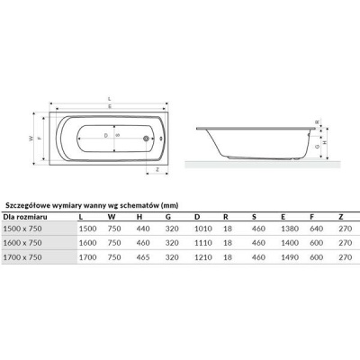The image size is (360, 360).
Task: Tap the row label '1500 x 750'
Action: click(x=23, y=229)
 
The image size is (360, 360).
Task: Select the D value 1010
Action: click(x=202, y=229)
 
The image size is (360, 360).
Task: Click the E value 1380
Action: click(x=289, y=229)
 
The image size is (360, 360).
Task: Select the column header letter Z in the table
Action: click(x=340, y=216)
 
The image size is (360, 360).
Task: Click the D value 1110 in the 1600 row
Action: click(x=202, y=243)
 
